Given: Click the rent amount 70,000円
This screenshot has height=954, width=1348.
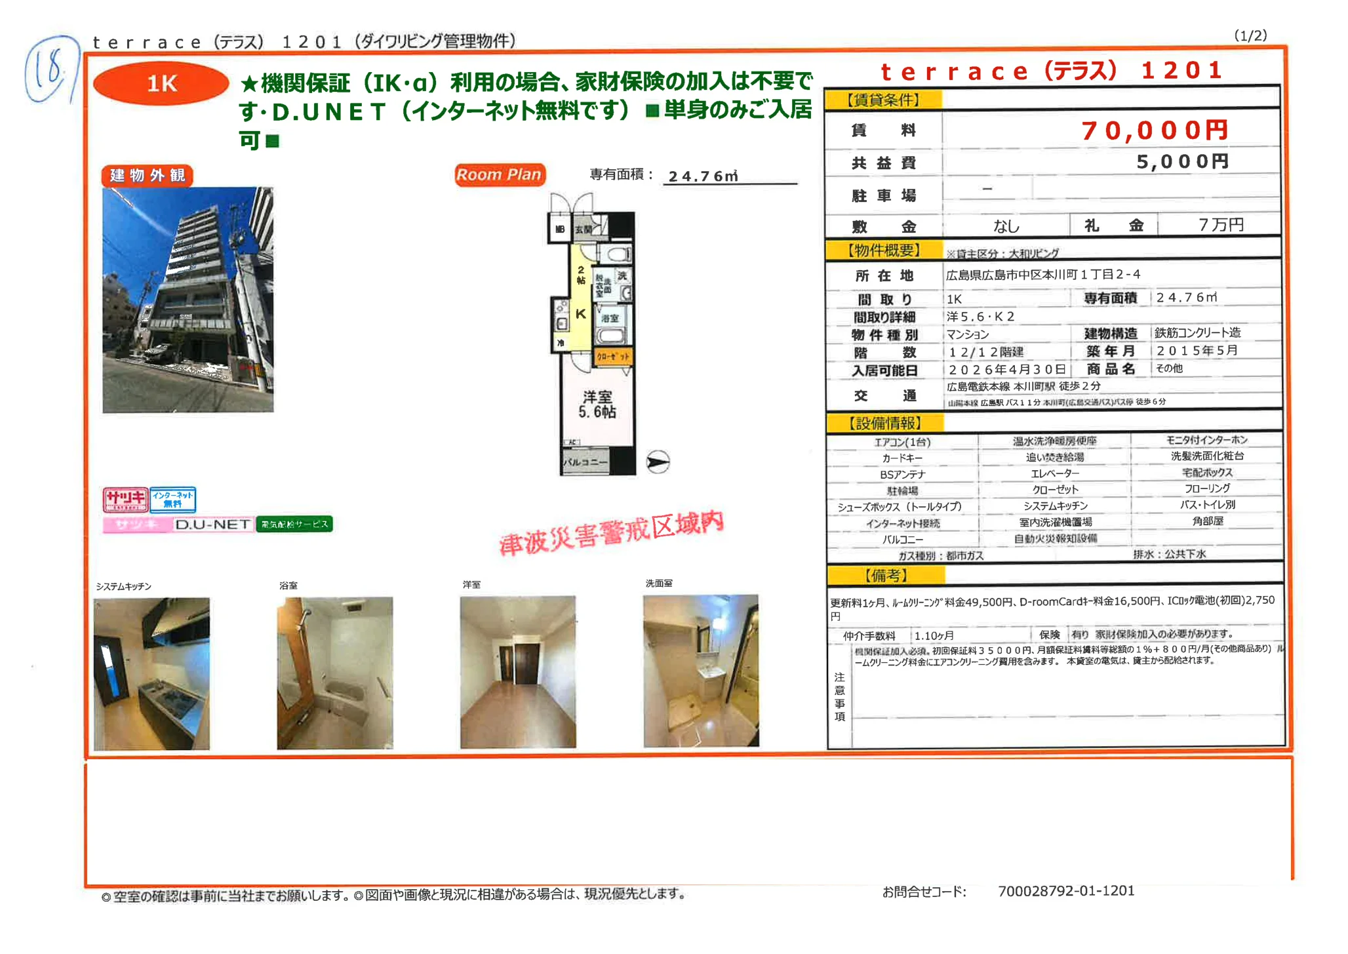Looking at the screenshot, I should [1154, 130].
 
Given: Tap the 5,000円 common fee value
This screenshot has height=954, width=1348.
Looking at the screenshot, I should [1182, 161].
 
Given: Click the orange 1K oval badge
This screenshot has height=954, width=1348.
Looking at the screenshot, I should [161, 83].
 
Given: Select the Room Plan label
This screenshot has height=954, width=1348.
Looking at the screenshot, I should [499, 174].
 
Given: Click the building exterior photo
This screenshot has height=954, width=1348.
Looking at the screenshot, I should [188, 300].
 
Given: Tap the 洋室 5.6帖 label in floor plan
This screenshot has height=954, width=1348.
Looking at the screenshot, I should [597, 404].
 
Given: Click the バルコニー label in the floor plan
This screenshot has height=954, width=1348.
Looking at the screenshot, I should [585, 462].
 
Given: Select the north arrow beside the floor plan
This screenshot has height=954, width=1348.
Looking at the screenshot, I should [658, 462].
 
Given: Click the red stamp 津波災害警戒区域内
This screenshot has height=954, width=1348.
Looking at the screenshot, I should [611, 533].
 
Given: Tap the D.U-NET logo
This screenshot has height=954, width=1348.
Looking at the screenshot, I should [212, 525].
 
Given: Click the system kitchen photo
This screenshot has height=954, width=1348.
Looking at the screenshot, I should [151, 673].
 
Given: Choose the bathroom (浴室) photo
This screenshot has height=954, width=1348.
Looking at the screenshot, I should [334, 673].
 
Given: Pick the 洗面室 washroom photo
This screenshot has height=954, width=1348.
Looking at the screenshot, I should [701, 671].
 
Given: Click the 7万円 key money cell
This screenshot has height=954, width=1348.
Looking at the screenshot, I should [1219, 225].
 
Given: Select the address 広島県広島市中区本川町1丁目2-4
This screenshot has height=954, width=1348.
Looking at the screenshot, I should [1042, 275].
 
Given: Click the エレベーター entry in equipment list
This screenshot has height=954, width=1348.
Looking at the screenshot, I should [1054, 473].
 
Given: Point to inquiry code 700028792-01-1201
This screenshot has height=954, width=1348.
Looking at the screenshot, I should [1065, 890].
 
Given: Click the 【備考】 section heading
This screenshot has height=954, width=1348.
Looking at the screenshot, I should [886, 575].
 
